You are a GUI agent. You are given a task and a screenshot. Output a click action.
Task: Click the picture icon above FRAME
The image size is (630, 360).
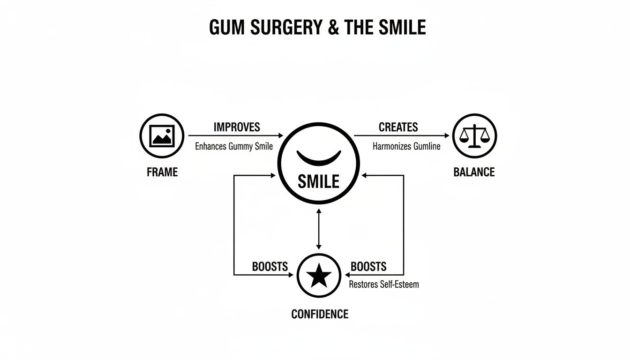click(162, 136)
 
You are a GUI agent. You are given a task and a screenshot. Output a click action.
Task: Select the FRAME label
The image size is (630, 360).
click(162, 172)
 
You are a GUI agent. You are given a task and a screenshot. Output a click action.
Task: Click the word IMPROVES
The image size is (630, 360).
click(237, 127)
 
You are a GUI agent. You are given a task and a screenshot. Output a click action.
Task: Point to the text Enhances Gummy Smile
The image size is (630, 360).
click(234, 146)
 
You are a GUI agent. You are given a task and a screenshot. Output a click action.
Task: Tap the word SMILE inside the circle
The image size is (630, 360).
click(318, 181)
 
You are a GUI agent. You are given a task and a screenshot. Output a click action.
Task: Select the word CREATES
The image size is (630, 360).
click(398, 127)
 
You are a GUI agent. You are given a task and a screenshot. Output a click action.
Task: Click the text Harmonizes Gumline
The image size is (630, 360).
click(406, 146)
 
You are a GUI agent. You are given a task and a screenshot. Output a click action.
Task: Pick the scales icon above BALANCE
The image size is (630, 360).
click(474, 136)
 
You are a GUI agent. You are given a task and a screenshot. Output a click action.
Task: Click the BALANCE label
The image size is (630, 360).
click(474, 172)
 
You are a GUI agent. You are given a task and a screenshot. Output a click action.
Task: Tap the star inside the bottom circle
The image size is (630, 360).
click(319, 275)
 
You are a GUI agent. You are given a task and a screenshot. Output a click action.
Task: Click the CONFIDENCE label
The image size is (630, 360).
click(320, 314)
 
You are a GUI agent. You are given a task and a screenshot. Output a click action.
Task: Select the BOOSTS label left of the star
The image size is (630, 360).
click(270, 267)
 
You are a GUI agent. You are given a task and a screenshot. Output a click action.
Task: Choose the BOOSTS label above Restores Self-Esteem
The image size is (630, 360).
click(368, 267)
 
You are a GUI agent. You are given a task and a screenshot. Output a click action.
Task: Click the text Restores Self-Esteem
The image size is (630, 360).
click(384, 284)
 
